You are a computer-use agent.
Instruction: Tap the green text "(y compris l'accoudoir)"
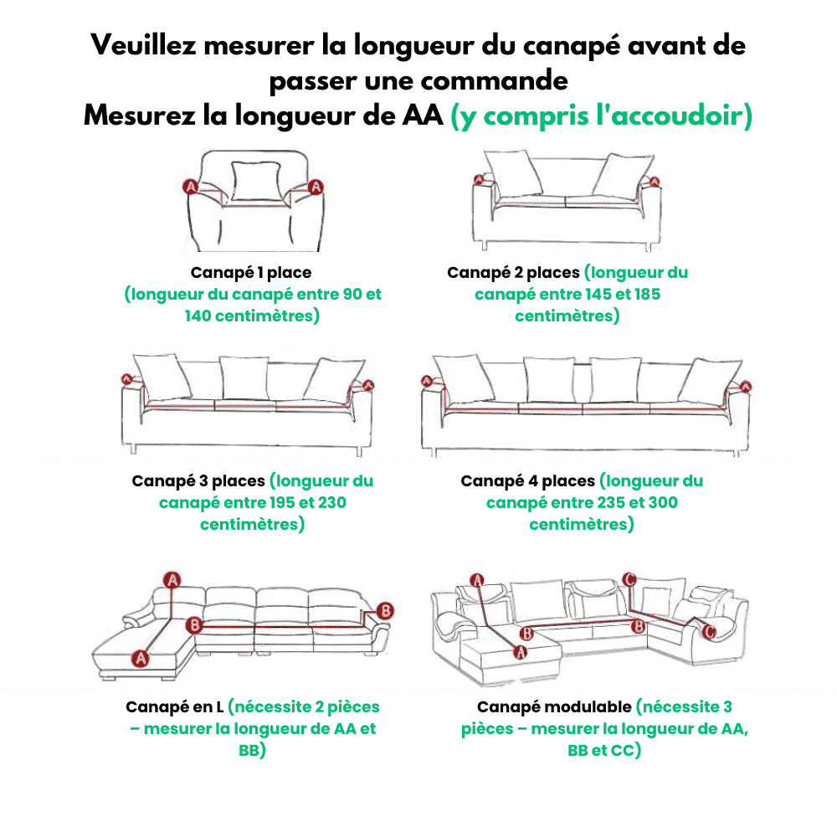601,116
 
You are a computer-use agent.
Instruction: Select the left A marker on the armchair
190,187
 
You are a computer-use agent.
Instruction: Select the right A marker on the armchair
316,187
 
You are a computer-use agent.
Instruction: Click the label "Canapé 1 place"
251,273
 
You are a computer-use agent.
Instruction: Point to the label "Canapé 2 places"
513,273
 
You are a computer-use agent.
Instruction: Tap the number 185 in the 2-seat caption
646,295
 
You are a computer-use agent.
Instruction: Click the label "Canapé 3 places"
198,481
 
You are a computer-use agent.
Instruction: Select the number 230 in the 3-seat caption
330,503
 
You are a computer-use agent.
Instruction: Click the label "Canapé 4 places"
527,481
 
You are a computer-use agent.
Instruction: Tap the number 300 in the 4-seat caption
661,503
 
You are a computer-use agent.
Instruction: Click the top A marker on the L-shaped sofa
172,579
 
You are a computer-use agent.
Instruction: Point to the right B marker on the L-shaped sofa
385,609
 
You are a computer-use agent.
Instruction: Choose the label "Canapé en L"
174,707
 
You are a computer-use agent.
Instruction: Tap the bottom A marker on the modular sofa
519,650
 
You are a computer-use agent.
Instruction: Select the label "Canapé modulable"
553,707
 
